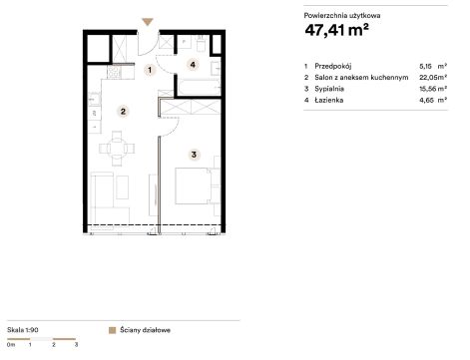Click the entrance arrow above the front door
148,22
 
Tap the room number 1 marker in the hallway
150,70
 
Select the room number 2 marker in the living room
123,112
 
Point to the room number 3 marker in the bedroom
194,155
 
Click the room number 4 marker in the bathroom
193,64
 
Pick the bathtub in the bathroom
200,87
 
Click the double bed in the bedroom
194,185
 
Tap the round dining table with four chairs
117,149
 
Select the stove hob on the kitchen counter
114,72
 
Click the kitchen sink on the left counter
94,99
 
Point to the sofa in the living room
110,197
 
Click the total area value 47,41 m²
336,30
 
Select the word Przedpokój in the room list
333,66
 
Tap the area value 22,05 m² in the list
433,78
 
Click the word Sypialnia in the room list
329,89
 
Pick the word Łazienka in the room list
329,100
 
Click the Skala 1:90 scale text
23,330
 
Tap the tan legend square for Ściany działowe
113,330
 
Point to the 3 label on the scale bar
76,345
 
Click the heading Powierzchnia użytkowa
342,15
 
